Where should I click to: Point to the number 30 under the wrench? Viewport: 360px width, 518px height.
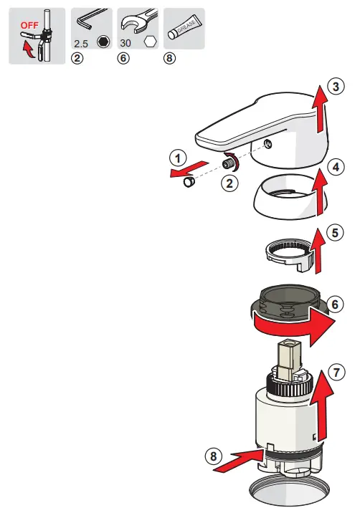tap(127, 44)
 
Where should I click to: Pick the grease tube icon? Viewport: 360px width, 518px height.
tap(184, 28)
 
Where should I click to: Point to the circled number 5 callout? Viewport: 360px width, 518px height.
tap(335, 233)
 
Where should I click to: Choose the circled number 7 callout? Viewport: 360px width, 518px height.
tap(336, 373)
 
